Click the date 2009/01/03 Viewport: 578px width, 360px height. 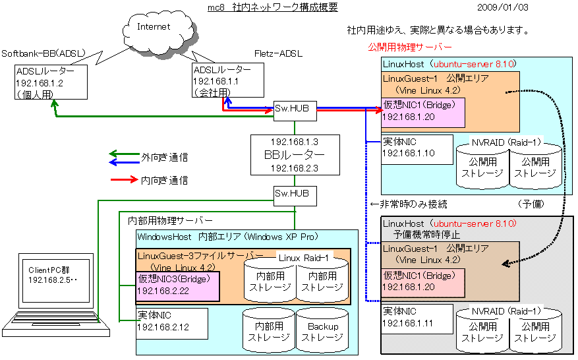click(x=503, y=8)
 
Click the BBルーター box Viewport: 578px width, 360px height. click(x=294, y=155)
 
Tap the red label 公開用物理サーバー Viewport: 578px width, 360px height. click(x=409, y=48)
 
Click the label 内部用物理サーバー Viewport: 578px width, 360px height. click(x=170, y=220)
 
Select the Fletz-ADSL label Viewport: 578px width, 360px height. click(x=277, y=53)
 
